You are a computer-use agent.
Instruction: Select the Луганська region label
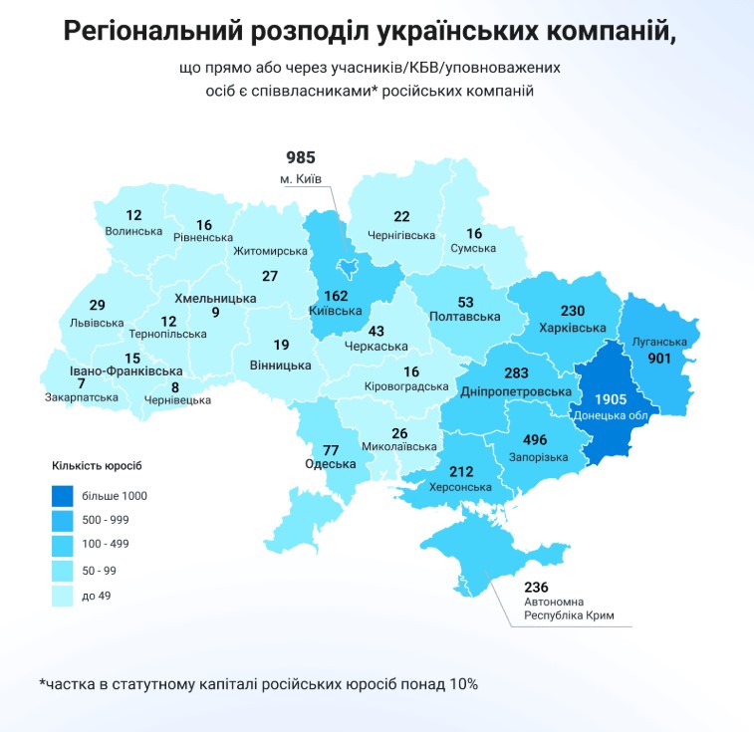coord(659,343)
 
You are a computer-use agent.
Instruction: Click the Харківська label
coord(573,328)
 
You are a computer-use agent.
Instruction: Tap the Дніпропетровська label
coord(508,392)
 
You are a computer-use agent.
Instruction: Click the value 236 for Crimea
coord(537,587)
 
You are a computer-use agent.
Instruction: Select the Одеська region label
coord(331,464)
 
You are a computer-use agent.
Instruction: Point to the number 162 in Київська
coord(336,295)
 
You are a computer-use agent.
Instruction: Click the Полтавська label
coord(464,316)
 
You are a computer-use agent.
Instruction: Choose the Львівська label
coord(97,323)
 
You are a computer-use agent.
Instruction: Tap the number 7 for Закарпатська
coord(81,383)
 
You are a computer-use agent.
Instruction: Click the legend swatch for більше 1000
coord(67,495)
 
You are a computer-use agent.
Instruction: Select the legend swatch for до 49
coord(67,596)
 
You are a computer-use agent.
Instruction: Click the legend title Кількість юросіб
coord(104,464)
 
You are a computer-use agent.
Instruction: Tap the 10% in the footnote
coord(461,684)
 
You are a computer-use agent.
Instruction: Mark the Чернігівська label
coord(401,235)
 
